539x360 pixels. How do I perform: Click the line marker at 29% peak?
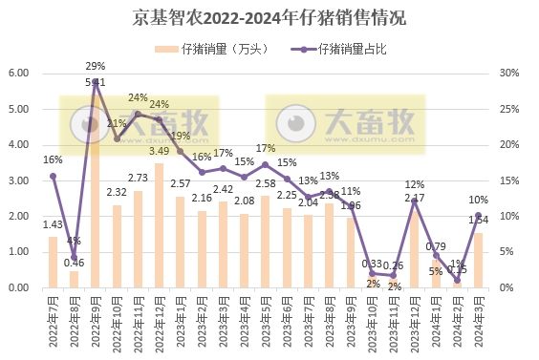point(96,82)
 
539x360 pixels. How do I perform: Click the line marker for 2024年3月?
point(478,216)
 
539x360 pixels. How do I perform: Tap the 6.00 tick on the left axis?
point(19,74)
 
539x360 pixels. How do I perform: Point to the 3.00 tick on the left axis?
point(19,180)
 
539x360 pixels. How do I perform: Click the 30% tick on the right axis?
point(510,74)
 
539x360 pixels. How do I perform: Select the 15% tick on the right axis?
point(510,180)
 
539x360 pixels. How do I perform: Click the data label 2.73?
point(138,178)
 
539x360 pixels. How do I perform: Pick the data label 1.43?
point(54,223)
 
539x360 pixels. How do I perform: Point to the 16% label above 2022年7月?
point(53,159)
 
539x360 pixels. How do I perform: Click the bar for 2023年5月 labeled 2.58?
point(266,242)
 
